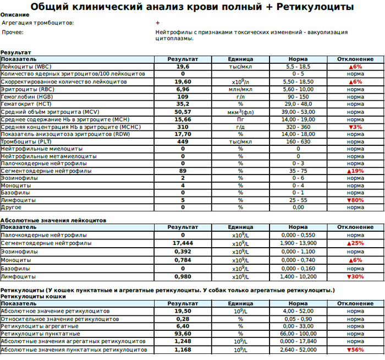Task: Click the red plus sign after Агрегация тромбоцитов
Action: tap(158, 23)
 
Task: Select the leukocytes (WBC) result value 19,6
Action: tap(183, 67)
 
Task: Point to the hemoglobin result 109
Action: tap(183, 96)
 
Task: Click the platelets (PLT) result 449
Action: tap(183, 141)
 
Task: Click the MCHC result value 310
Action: tap(183, 127)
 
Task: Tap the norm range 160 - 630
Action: tap(298, 141)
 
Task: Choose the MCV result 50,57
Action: tap(183, 112)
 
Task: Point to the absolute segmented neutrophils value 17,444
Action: tap(183, 243)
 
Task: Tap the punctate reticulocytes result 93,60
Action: tap(183, 334)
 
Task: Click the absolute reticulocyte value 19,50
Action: tap(183, 311)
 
